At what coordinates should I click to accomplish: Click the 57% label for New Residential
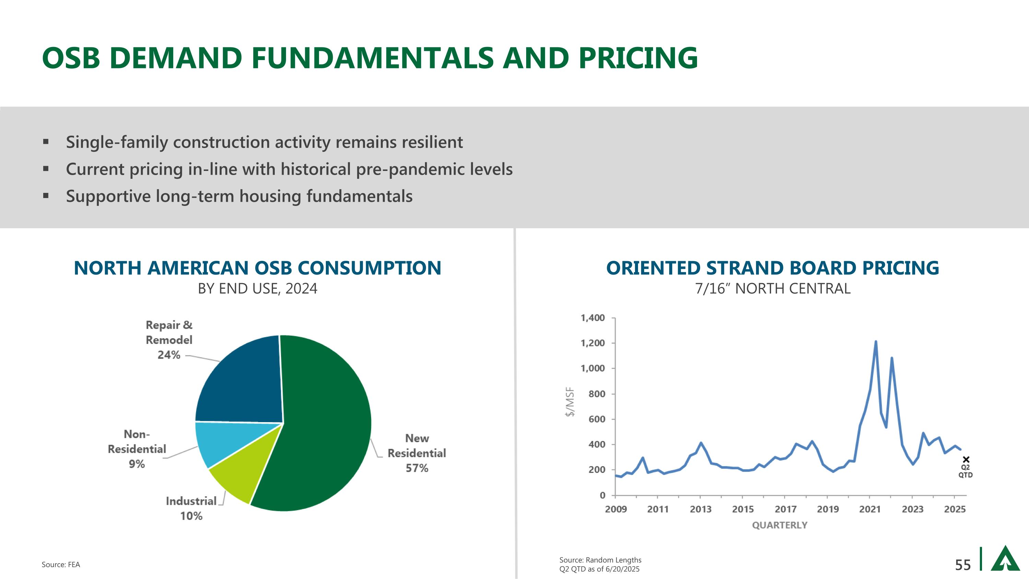click(417, 468)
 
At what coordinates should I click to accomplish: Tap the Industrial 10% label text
click(191, 508)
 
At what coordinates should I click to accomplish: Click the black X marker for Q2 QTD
click(966, 460)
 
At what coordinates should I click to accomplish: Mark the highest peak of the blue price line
click(876, 341)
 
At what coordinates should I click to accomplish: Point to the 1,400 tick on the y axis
click(592, 318)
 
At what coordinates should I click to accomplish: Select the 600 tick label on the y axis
click(596, 419)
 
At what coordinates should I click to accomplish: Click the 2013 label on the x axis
click(701, 509)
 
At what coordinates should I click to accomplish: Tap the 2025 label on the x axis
click(955, 509)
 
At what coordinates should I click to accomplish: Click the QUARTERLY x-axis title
click(779, 525)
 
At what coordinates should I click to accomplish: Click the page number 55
click(963, 565)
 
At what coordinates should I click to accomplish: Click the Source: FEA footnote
click(61, 565)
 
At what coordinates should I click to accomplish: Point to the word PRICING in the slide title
click(638, 58)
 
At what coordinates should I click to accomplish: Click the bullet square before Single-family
click(46, 141)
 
